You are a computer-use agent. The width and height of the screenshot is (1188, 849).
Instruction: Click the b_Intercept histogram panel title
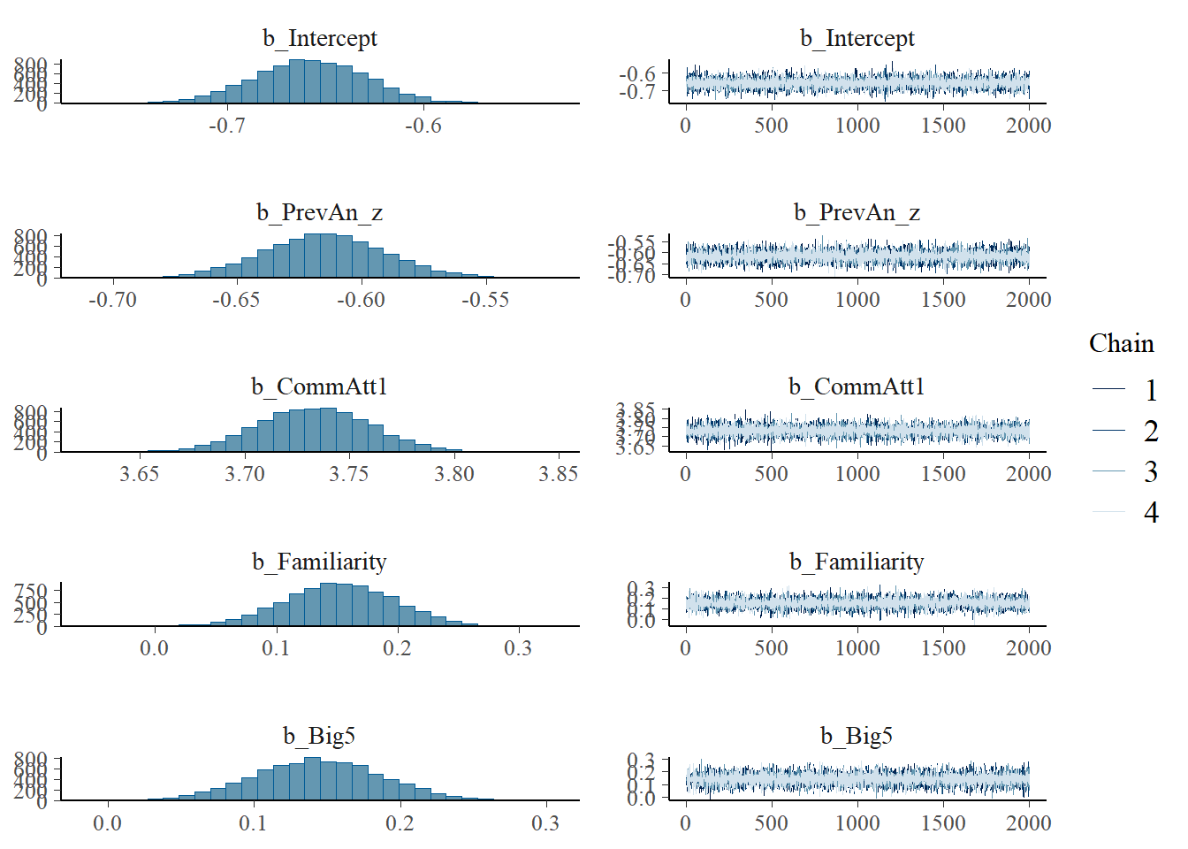[x=319, y=39]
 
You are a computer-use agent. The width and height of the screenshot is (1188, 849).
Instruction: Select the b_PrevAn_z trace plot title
[x=857, y=213]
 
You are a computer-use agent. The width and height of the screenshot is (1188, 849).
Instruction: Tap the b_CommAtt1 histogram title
[x=319, y=387]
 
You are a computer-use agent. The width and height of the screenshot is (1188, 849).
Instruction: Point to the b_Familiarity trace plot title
[x=857, y=562]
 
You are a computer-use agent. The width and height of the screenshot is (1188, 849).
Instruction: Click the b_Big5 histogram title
[x=319, y=736]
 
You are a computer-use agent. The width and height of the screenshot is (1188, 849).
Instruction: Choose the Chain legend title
[x=1121, y=344]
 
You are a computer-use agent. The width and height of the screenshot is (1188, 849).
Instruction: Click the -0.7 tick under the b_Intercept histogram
[x=227, y=126]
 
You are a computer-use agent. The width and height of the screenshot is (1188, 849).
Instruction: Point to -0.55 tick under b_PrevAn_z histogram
[x=485, y=301]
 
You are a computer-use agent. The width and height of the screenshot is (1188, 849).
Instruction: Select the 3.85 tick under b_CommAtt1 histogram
[x=559, y=475]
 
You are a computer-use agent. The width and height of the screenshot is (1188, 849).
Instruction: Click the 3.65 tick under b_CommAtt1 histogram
[x=140, y=475]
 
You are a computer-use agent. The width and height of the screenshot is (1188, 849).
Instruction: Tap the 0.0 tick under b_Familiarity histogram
[x=154, y=649]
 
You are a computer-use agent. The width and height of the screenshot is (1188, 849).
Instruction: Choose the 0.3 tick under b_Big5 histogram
[x=545, y=823]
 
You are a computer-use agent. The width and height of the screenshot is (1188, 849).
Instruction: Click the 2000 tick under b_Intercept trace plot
[x=1028, y=126]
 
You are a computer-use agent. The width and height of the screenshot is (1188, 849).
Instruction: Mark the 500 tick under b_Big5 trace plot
[x=771, y=823]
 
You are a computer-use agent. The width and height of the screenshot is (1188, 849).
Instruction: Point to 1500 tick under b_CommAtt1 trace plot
[x=943, y=475]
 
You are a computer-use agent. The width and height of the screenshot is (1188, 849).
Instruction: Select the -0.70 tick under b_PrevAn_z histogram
[x=113, y=301]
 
